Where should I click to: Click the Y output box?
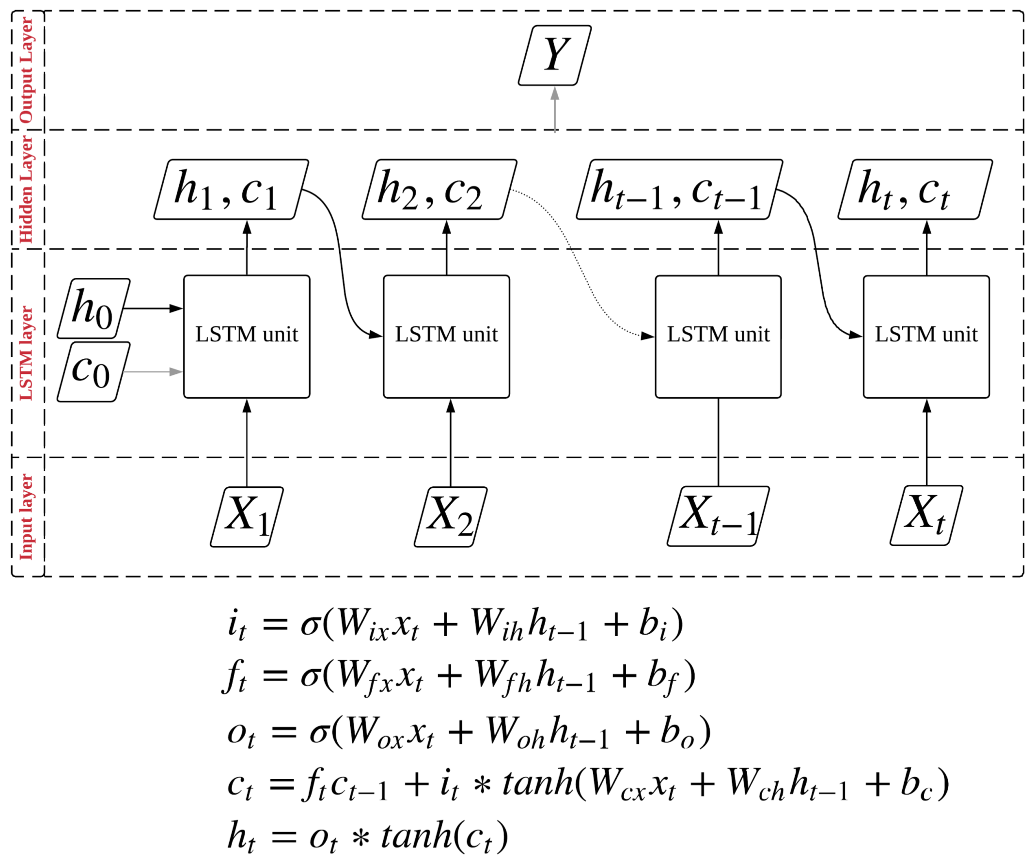(x=554, y=55)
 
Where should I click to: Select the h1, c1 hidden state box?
(x=231, y=190)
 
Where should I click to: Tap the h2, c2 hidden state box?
(x=439, y=190)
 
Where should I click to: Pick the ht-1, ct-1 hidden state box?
(x=679, y=190)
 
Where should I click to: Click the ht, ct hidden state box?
(x=915, y=190)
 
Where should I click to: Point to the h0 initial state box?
(x=93, y=309)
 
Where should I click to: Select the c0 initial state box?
(x=93, y=372)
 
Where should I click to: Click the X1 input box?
(x=247, y=517)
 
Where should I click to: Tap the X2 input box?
(x=451, y=517)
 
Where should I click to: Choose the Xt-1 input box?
(x=718, y=516)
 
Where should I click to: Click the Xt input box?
(x=926, y=516)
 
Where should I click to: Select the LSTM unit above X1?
(x=247, y=337)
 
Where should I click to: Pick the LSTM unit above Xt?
(x=926, y=337)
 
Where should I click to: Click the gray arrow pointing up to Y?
(x=555, y=111)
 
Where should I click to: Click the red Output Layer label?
(x=26, y=70)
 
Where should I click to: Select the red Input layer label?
(x=26, y=517)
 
